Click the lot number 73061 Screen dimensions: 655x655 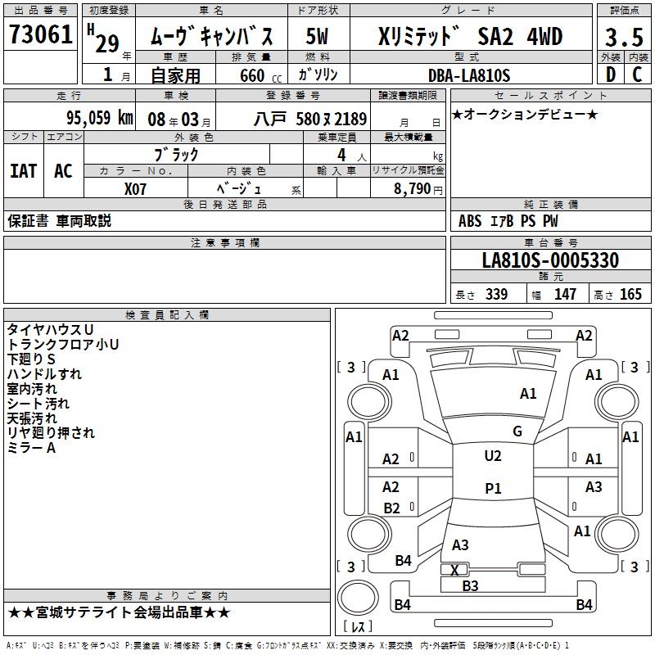(x=41, y=34)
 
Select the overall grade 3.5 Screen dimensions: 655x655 (x=624, y=37)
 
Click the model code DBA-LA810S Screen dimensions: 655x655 (x=469, y=76)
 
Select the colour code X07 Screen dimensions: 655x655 (x=136, y=188)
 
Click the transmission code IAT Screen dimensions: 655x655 (x=23, y=171)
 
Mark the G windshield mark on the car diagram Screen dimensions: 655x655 (x=517, y=431)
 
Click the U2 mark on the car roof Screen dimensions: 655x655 (x=492, y=456)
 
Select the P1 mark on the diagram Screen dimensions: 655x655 (x=492, y=489)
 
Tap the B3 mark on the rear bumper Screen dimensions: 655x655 (x=470, y=585)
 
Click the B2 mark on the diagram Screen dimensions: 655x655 (x=391, y=508)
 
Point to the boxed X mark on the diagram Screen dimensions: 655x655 (x=454, y=570)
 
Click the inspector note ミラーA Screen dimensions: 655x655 (x=31, y=448)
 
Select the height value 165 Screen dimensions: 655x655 (x=630, y=295)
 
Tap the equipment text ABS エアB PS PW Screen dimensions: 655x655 (x=498, y=221)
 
